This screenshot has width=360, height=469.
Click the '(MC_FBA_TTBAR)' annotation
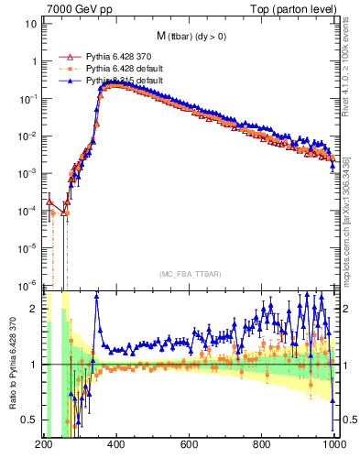[x=189, y=275]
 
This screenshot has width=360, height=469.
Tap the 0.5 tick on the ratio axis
[x=28, y=420]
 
